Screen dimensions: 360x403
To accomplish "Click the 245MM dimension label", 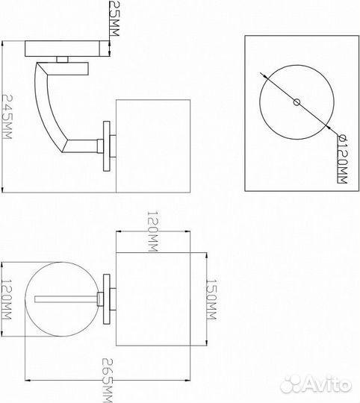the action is click(7, 117).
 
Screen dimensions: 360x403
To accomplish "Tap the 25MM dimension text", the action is click(114, 18).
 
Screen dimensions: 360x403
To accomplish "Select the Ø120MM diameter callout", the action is click(342, 160).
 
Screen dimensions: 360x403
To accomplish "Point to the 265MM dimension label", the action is click(108, 381).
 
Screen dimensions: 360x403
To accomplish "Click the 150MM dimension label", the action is click(211, 299).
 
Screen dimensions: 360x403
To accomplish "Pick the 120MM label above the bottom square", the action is click(152, 231).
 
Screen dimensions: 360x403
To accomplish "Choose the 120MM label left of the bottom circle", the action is click(7, 300).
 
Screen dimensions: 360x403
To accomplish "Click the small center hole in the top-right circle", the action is click(297, 102).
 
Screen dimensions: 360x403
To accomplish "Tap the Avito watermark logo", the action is click(315, 385).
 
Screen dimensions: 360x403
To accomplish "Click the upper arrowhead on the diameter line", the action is click(265, 76).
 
